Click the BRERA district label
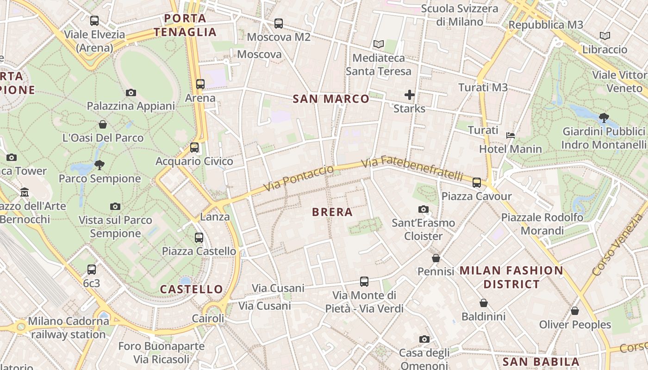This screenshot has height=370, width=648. coord(332,212)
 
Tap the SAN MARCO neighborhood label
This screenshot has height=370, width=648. coord(331,99)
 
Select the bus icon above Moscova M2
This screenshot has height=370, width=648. coord(278,24)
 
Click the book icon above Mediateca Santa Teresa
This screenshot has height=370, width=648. coord(379,44)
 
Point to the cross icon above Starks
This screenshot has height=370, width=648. coord(409,95)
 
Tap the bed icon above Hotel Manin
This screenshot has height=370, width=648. coord(511,136)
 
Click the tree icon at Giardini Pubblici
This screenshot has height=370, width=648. coord(604,118)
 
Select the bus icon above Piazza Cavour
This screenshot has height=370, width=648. coord(476,183)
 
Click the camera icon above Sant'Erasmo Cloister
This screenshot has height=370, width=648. coord(423,210)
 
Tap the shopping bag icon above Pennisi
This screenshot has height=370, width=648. coord(436,258)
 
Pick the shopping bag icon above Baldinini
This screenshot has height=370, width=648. coord(483,303)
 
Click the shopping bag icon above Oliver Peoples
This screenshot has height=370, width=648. coord(575,311)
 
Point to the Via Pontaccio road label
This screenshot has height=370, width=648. coord(299,178)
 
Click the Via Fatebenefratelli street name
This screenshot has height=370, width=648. coord(412,169)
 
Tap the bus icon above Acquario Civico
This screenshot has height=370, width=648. coord(194,148)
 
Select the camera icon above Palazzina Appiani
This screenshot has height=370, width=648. coord(131,92)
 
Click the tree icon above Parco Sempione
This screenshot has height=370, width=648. coord(99,165)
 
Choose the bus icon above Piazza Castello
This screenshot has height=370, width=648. coord(199,238)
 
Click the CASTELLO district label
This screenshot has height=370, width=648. coord(192,290)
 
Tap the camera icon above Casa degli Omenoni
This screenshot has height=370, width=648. coord(424,339)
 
